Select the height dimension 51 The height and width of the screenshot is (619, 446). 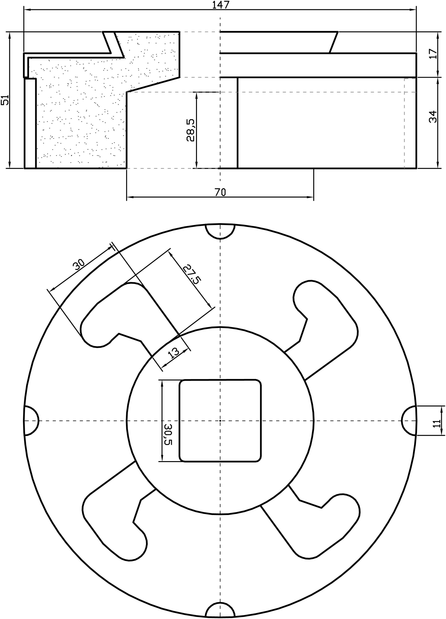click(5, 100)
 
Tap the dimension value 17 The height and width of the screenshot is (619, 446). click(433, 54)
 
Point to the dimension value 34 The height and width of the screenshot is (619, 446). click(433, 117)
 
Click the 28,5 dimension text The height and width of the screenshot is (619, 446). click(190, 130)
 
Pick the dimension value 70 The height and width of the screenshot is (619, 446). click(220, 192)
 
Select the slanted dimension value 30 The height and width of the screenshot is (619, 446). click(79, 265)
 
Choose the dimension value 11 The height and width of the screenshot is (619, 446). click(437, 423)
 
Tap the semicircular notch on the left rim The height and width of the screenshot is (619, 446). click(31, 420)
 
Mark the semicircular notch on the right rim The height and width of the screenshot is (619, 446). click(410, 420)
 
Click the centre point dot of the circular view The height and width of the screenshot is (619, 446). click(220, 420)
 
